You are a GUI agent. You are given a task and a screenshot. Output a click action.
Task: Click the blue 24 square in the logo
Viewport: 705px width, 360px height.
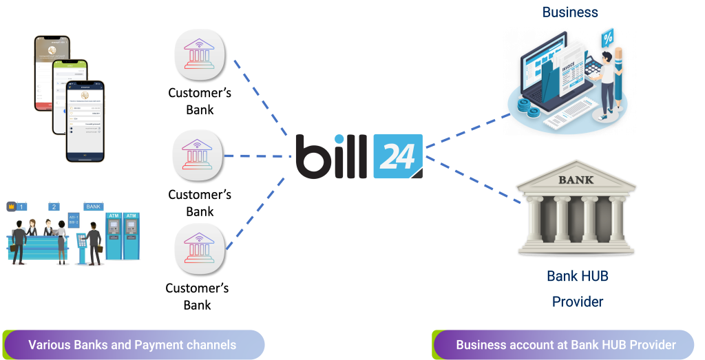coord(397,156)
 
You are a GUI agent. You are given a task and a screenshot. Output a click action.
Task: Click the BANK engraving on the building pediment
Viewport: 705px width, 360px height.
coord(575,180)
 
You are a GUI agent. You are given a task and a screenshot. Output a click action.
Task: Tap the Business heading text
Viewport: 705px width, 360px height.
coord(570,12)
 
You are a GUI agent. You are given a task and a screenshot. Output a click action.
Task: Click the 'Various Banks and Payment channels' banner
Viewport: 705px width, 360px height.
coord(132,345)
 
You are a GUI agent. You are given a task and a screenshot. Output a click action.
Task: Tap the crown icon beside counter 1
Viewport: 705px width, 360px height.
coord(11,206)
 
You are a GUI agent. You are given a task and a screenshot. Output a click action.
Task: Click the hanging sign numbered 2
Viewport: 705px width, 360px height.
coord(54,207)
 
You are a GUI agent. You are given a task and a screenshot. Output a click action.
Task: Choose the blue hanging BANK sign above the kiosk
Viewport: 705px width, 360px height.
coord(92,206)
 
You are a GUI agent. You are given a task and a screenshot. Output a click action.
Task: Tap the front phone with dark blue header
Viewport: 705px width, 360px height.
coord(86,120)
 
